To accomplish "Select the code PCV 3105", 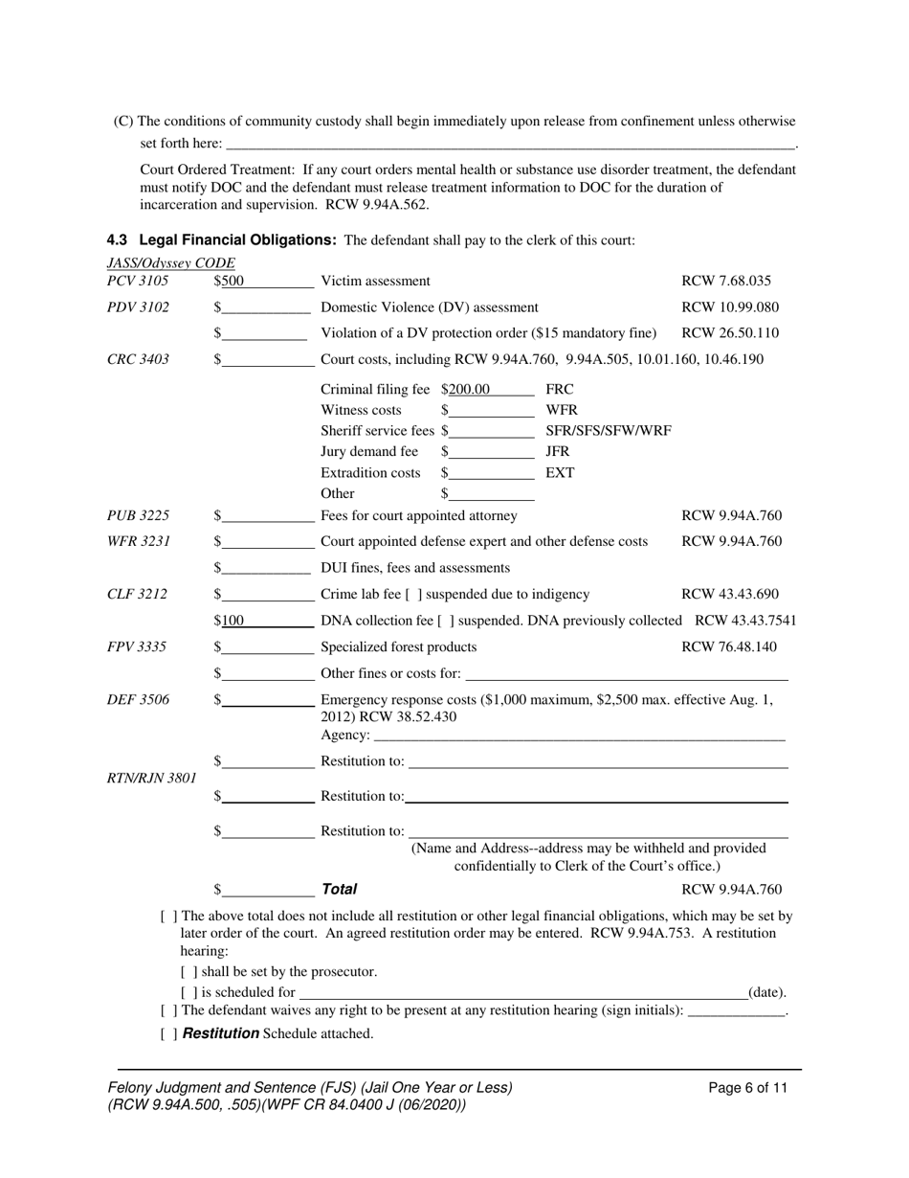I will [x=138, y=282].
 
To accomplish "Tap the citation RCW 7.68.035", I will [x=726, y=282].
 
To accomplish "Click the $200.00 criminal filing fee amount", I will [x=466, y=390].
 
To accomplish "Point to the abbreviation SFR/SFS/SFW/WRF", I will [x=609, y=431].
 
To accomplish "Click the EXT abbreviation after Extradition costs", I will [x=560, y=473].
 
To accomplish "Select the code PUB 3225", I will [x=139, y=516].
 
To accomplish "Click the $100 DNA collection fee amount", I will [x=231, y=621].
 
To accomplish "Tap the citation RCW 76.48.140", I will [x=729, y=647].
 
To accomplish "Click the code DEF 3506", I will [x=138, y=700].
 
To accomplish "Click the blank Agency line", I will [x=578, y=736].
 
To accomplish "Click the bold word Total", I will [x=339, y=890].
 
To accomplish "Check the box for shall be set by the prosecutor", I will [x=188, y=972].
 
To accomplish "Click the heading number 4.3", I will [x=118, y=239].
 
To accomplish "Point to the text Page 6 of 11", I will [x=748, y=1088].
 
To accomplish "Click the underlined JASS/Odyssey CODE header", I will [x=170, y=263].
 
